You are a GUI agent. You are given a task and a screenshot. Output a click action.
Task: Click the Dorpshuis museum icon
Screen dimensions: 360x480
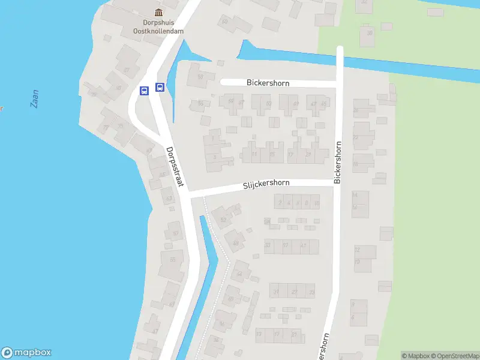pos(158,13)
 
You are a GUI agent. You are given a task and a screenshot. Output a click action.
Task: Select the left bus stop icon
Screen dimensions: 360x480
pos(144,91)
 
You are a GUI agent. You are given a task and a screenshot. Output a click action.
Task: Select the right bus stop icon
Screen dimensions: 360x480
pos(160,87)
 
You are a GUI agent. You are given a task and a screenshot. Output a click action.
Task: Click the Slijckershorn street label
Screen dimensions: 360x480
pos(266,185)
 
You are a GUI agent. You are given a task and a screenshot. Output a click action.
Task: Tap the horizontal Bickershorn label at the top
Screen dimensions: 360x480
pos(268,83)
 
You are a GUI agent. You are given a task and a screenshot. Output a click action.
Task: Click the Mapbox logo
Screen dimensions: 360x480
pos(26,353)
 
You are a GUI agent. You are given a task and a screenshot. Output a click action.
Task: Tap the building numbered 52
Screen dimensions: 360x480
pos(224,220)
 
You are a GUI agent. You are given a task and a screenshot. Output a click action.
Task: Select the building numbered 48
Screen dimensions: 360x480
pos(236,243)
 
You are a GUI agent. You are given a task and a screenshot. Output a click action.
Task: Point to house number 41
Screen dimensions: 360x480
pos(303,245)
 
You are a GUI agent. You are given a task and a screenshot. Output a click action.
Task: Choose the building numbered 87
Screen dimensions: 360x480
pos(127,70)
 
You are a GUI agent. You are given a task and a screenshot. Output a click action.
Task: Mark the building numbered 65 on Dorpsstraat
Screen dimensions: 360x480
pos(172,260)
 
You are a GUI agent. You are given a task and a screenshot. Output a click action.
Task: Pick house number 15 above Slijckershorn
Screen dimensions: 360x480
pos(272,154)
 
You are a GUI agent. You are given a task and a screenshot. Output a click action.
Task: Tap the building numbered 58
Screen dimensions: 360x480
pos(200,77)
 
